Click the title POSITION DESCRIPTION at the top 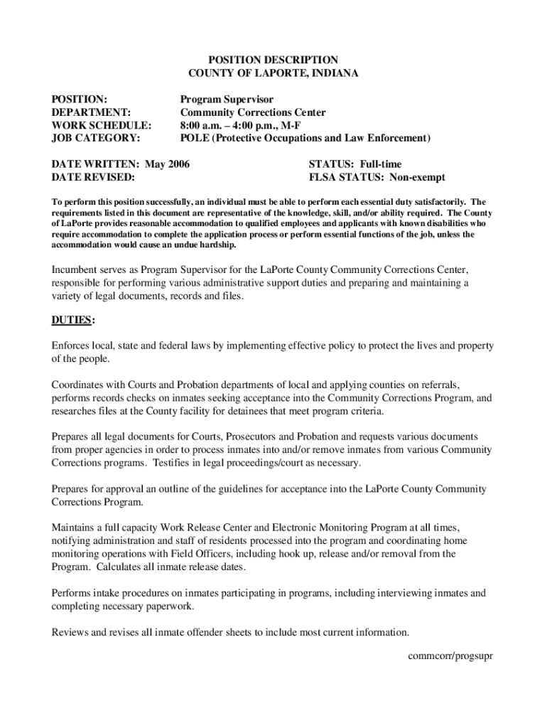point(263,60)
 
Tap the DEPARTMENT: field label point(91,112)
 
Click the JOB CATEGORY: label point(96,138)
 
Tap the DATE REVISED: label point(93,177)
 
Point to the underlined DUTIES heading point(71,320)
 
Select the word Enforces point(73,346)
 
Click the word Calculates point(124,567)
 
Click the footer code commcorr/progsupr point(450,655)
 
